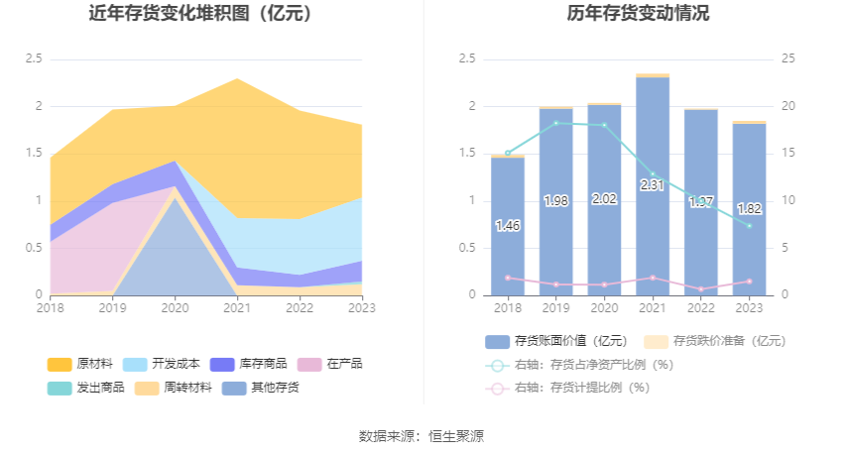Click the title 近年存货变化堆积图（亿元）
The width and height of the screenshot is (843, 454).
pyautogui.click(x=200, y=14)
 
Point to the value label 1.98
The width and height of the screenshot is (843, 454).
pyautogui.click(x=556, y=201)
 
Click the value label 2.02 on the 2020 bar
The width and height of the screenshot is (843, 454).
pyautogui.click(x=604, y=198)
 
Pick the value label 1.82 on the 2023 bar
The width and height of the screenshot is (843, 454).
pyautogui.click(x=749, y=209)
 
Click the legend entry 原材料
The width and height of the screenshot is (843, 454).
pyautogui.click(x=82, y=364)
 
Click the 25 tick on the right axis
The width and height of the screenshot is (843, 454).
pyautogui.click(x=789, y=59)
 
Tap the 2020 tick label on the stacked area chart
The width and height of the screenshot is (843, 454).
pyautogui.click(x=175, y=308)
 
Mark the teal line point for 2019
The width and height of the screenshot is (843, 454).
pyautogui.click(x=556, y=123)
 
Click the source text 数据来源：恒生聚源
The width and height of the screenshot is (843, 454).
pyautogui.click(x=421, y=436)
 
